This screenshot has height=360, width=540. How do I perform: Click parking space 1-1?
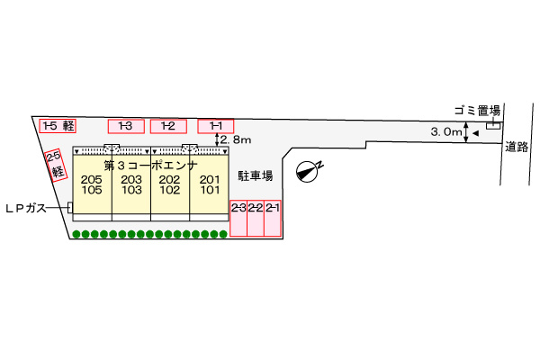point(216,126)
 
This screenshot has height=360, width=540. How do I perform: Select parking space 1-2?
point(168,126)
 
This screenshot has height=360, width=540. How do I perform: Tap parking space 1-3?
point(126,126)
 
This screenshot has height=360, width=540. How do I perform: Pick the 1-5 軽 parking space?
point(58,126)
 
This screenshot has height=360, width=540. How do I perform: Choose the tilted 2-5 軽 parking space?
point(56,165)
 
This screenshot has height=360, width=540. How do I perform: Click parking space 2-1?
point(273,218)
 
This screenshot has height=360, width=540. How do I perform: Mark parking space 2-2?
point(256,218)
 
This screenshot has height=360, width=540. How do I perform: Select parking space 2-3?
point(238,218)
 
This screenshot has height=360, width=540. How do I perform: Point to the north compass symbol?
point(308,170)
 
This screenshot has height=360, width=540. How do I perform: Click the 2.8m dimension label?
point(236,139)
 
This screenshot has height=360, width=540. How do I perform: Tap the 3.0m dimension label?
point(446,131)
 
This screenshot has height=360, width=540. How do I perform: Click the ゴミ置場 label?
point(477,111)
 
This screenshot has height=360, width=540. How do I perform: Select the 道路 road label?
point(517,147)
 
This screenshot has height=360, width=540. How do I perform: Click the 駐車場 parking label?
point(256,175)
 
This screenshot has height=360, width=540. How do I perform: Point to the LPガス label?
point(26,208)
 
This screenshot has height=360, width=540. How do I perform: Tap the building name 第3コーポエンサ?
point(151,166)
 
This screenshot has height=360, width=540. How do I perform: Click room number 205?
point(91,179)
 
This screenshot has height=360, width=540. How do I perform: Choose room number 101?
point(210,190)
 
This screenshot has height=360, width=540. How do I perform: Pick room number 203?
point(131,179)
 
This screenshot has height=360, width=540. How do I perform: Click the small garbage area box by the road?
point(493,126)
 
